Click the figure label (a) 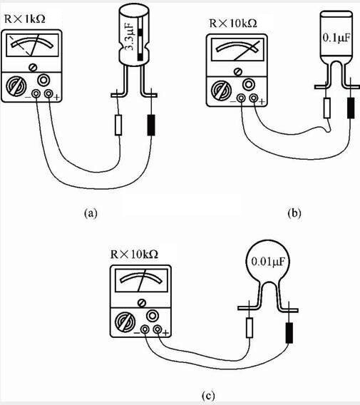coord(91,212)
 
